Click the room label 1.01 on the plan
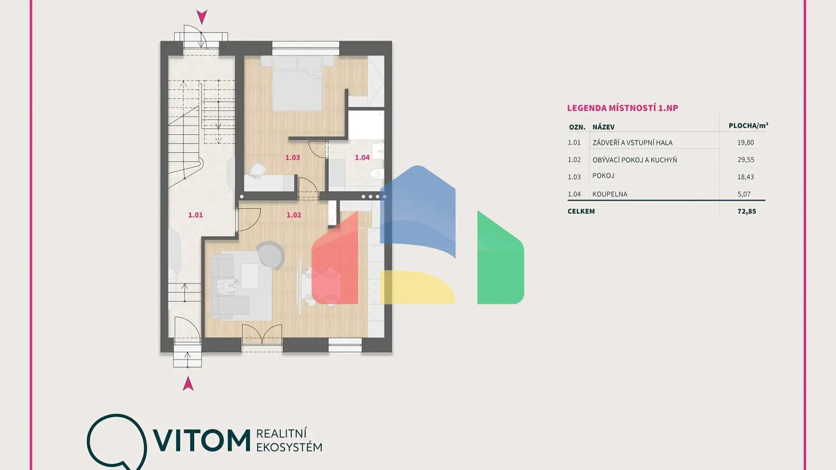pos(195,215)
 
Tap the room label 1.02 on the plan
pos(293,215)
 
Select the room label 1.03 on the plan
pos(292,157)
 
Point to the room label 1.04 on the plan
pos(362,157)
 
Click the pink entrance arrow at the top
pos(202,17)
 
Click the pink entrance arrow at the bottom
pos(188,384)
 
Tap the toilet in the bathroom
pos(376,174)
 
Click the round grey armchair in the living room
pos(271,255)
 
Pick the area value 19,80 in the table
pos(745,143)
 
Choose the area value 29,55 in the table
pos(745,160)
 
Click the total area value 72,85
pos(746,211)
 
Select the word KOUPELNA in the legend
pos(610,194)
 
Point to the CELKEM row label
pos(581,211)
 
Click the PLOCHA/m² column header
pos(748,126)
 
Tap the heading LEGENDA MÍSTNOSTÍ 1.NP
pos(622,108)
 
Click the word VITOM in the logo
pos(201,440)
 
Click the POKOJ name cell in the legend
pos(603,176)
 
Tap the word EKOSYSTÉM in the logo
pos(289,447)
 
